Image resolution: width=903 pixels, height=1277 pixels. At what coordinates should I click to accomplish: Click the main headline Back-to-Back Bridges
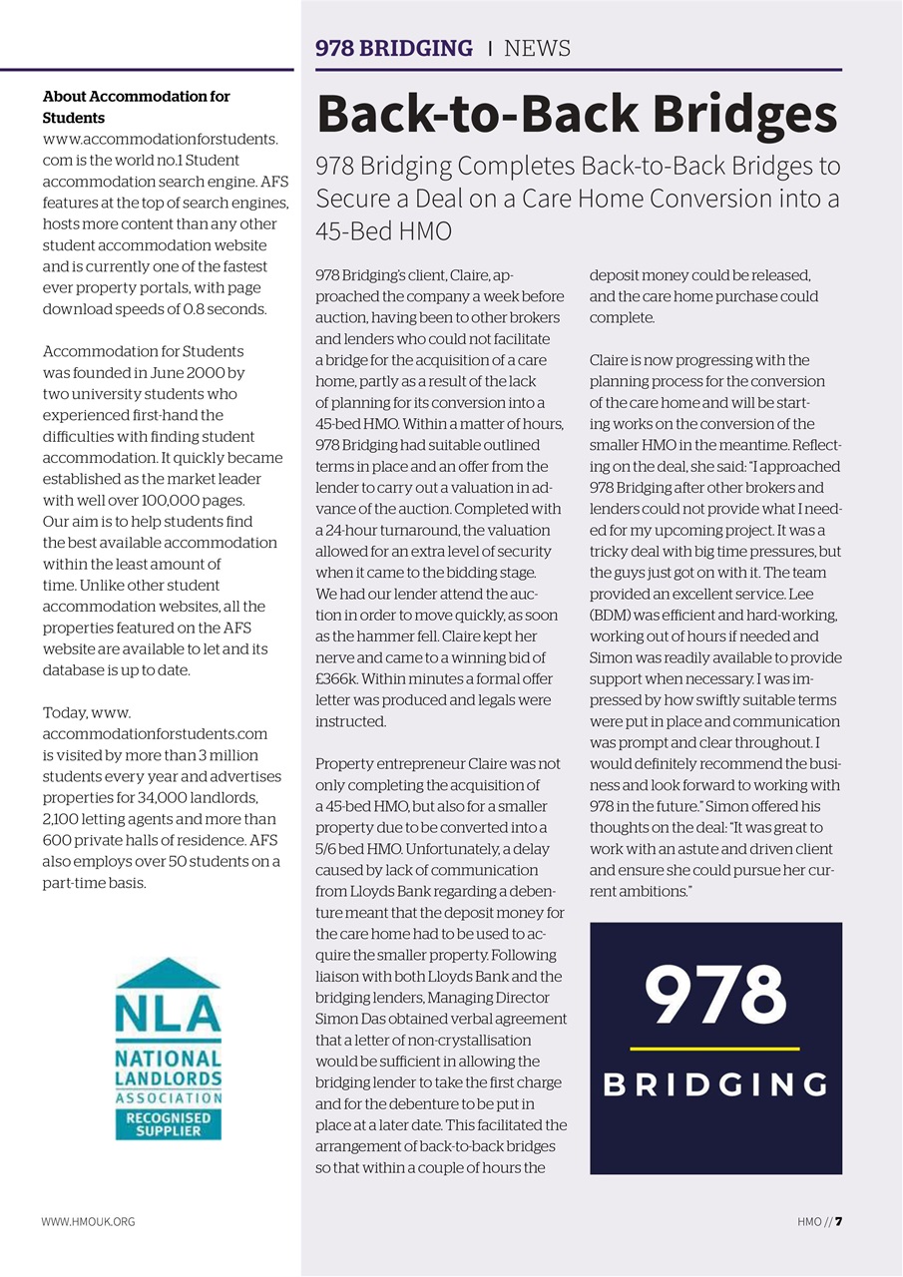(x=577, y=116)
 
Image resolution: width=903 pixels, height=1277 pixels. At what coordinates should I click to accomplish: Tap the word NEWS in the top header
(x=537, y=48)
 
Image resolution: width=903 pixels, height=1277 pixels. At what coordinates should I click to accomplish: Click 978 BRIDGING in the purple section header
(x=394, y=48)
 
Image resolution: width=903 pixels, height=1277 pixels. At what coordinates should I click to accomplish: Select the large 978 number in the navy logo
(x=715, y=997)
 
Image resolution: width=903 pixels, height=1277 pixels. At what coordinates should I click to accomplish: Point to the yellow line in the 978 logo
(x=715, y=1049)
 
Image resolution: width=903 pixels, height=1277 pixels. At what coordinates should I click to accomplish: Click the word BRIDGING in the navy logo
(x=715, y=1084)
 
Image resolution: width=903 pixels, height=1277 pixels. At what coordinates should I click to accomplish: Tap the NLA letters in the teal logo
(x=168, y=1016)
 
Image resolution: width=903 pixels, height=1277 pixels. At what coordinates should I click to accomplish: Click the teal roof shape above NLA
(x=168, y=974)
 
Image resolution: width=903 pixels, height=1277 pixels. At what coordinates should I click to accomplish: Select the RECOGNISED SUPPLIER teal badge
(x=168, y=1124)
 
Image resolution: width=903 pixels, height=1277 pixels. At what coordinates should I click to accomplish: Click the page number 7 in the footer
(x=839, y=1221)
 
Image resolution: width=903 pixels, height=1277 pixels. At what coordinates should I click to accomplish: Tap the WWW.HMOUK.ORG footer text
(x=88, y=1221)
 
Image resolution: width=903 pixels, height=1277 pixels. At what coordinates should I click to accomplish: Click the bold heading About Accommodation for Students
(x=136, y=107)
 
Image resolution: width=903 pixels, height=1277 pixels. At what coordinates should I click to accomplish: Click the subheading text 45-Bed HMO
(x=384, y=231)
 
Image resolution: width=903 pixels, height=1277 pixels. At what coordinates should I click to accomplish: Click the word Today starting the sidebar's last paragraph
(x=65, y=712)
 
